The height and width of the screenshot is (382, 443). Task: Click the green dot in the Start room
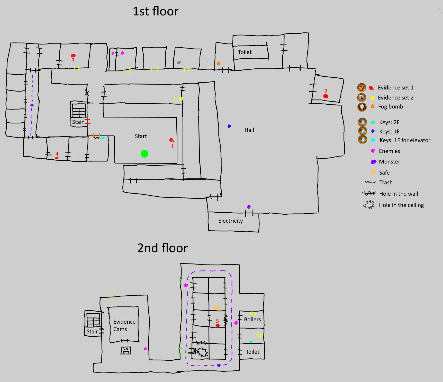tap(144, 154)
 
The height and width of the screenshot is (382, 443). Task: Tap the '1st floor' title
tap(156, 12)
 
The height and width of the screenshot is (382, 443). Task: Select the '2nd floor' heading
tap(162, 248)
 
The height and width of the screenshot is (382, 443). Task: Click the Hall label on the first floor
tap(249, 130)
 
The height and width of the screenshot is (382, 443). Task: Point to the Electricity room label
tap(230, 221)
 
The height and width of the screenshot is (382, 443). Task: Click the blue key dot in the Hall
tap(229, 126)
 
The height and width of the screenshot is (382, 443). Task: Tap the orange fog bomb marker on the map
tap(219, 63)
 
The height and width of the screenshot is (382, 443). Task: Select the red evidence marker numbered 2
tap(326, 96)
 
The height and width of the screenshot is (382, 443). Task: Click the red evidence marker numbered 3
tap(73, 56)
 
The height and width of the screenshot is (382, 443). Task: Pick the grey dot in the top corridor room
tap(179, 62)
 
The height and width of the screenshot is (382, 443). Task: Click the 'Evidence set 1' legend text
tap(396, 88)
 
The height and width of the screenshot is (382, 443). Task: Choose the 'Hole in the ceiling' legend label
tap(401, 205)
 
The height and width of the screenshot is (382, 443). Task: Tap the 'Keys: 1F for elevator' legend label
tap(405, 140)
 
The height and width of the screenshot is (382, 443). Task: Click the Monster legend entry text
tap(390, 162)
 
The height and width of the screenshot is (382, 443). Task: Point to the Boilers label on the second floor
tap(252, 320)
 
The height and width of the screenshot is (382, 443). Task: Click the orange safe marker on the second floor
tap(217, 308)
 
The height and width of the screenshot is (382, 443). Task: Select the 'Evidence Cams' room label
tap(124, 325)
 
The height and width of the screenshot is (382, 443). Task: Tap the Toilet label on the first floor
tap(245, 52)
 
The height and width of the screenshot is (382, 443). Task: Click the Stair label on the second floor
tap(92, 332)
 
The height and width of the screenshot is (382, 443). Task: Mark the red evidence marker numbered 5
tap(218, 325)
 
